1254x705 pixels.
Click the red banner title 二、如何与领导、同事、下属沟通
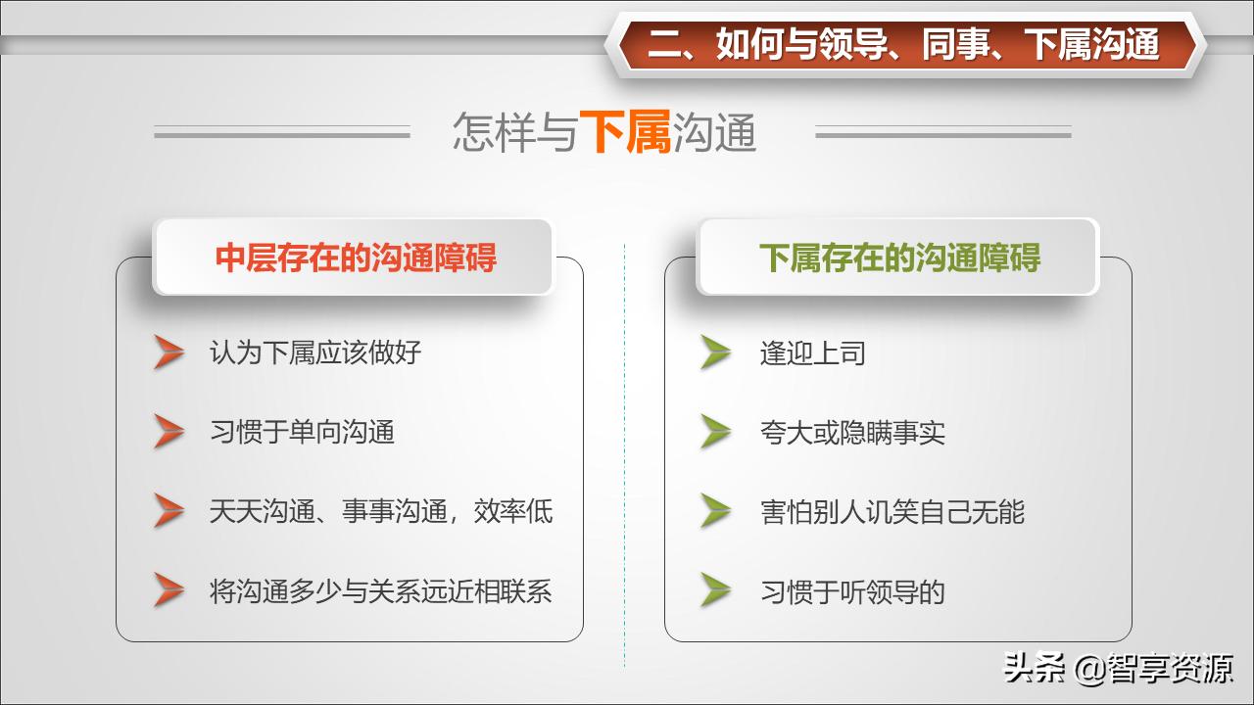click(x=903, y=44)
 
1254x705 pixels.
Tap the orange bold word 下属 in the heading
click(x=625, y=133)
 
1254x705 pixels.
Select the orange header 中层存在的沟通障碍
click(x=356, y=258)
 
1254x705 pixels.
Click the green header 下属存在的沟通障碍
click(x=899, y=258)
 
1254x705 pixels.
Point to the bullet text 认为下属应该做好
click(x=315, y=352)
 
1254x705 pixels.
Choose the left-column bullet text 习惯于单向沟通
click(x=302, y=432)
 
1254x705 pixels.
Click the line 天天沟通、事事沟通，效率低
click(x=381, y=511)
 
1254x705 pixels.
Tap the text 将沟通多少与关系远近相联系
click(x=381, y=591)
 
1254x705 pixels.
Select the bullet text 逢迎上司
click(x=812, y=352)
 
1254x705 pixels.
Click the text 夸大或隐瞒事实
click(x=852, y=432)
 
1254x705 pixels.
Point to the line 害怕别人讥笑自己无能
click(x=892, y=511)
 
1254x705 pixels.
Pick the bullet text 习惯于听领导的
click(x=852, y=591)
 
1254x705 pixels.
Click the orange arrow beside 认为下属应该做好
click(x=169, y=352)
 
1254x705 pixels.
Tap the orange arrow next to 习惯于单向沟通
click(x=169, y=432)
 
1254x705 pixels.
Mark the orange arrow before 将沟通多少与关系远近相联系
click(x=169, y=590)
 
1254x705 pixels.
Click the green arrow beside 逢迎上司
click(x=716, y=352)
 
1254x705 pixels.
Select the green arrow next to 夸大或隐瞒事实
click(x=716, y=432)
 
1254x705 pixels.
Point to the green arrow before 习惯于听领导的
click(x=716, y=590)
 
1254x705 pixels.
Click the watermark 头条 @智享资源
click(x=1118, y=669)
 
